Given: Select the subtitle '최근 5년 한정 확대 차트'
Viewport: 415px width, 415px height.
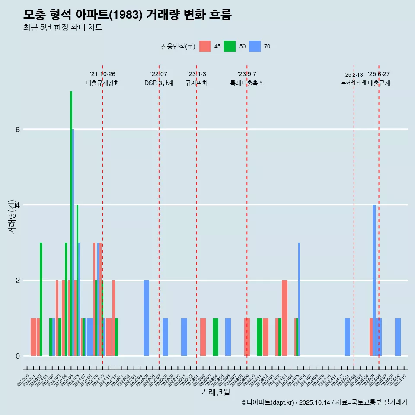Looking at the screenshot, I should point(63,28).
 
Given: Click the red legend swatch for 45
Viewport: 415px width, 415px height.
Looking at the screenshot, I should point(205,46).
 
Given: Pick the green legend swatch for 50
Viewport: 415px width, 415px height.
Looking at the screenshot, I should point(230,46).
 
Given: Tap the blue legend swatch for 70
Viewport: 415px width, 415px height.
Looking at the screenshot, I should point(255,46).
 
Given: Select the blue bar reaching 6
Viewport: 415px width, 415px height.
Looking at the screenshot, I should point(73,242).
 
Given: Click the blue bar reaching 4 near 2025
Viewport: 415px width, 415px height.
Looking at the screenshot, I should point(374,280).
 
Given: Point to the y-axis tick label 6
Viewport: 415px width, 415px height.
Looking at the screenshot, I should point(18,129).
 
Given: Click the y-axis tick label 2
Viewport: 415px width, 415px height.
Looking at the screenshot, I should point(18,280).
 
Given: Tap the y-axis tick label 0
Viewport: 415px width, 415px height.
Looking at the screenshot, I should point(18,356).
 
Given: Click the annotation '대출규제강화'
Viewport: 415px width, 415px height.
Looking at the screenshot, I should point(102,83).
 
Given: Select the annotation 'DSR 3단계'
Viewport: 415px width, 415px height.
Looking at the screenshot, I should point(159,83).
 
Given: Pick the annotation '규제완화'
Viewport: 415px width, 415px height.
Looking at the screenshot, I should point(197,83).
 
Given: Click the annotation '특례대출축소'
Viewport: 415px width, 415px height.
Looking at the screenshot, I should point(247,83).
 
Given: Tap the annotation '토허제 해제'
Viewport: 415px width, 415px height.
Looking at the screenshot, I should point(354,82).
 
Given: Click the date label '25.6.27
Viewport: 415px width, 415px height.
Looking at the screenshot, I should point(379,74).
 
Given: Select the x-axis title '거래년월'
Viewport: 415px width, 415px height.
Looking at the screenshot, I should point(215,392).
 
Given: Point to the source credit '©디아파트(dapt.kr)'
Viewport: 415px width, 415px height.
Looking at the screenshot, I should point(268,402).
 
